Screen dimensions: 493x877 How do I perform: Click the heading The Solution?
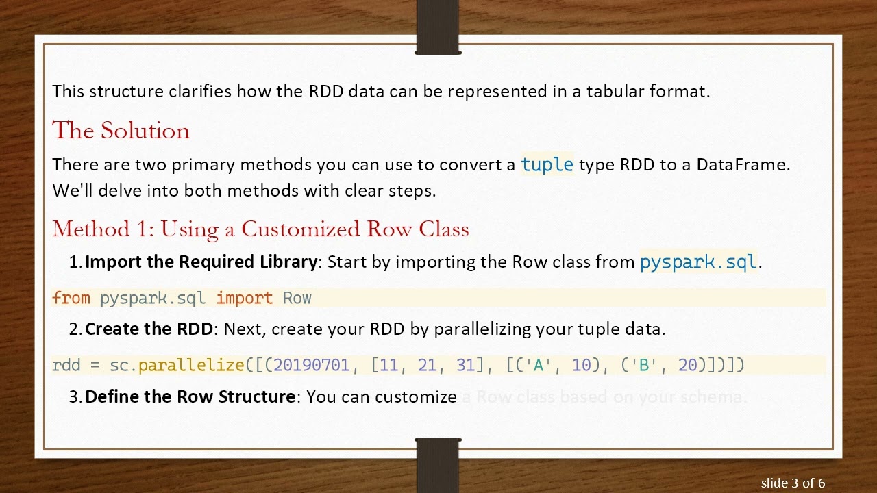point(121,131)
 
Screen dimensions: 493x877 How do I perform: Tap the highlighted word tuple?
point(547,165)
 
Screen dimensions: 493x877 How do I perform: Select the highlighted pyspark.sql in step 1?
point(697,262)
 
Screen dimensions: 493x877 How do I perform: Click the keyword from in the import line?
point(71,299)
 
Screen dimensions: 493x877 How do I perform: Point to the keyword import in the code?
point(244,299)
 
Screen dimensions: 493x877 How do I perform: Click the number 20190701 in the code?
point(311,366)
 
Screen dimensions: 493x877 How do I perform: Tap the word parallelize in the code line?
point(191,366)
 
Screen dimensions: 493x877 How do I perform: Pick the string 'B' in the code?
point(643,366)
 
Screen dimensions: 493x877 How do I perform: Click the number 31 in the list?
point(465,366)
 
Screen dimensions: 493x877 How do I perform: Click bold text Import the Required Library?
point(201,262)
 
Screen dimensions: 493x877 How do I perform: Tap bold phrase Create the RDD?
point(149,329)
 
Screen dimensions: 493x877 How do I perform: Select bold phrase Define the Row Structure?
point(190,397)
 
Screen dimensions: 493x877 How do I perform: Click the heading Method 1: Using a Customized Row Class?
point(260,229)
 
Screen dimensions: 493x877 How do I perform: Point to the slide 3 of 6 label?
point(793,483)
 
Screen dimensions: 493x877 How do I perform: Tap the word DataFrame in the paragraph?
point(742,165)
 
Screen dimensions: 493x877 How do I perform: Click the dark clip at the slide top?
point(438,27)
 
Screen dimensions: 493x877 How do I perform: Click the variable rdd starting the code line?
point(66,366)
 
